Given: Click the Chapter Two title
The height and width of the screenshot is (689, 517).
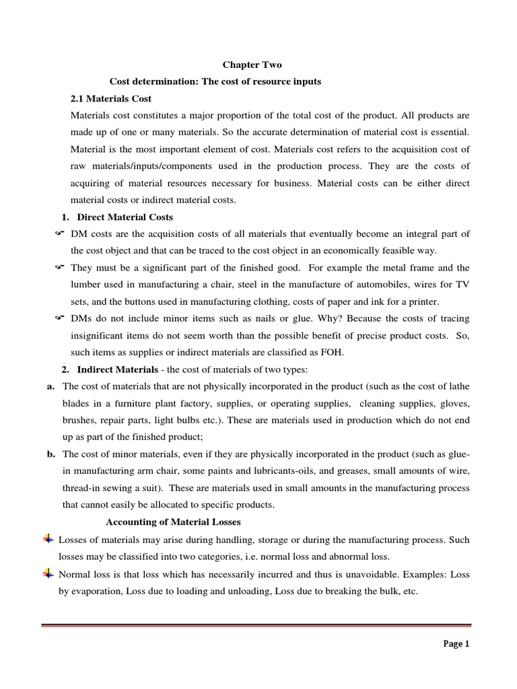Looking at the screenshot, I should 252,65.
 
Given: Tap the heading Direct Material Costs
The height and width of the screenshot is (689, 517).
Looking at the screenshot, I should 125,217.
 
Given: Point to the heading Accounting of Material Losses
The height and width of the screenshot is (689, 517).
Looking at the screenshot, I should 174,522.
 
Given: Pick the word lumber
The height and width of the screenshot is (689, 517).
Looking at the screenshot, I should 85,284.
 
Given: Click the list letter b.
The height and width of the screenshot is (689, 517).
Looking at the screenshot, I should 50,454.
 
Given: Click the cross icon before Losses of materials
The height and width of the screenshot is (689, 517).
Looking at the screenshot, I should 48,539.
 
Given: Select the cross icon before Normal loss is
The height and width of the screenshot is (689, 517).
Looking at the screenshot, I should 48,573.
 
